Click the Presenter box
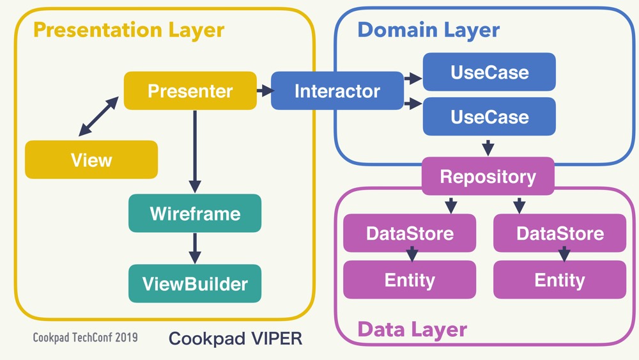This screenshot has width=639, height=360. pos(190,91)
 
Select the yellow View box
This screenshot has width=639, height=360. pos(91,160)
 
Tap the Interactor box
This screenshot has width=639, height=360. pos(337,91)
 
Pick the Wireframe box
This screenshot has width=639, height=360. pos(195,213)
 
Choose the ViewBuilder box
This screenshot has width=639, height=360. pos(195,283)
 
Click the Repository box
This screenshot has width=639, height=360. pos(488,176)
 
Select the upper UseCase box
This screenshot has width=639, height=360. pos(489,72)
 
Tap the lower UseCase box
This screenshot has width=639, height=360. pos(489,116)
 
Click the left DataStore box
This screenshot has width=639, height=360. pos(410,233)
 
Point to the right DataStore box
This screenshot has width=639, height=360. pos(560,233)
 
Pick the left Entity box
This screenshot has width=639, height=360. pos(410,280)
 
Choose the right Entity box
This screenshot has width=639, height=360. pos(560,280)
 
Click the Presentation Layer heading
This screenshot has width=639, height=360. pos(128,29)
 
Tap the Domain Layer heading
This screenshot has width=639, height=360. pos(428,29)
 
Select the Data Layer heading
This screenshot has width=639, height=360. pos(412,330)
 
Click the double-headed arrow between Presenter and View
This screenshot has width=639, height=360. pos(98,117)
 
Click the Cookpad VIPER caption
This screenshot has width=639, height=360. pos(235,338)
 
